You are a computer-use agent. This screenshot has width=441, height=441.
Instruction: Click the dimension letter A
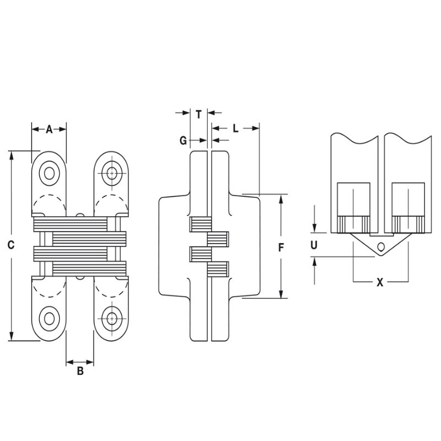[49, 130]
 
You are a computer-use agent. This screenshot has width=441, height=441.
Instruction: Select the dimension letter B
[80, 372]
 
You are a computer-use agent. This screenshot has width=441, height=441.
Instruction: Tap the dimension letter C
[10, 245]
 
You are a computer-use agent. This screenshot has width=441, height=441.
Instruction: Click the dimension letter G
[183, 140]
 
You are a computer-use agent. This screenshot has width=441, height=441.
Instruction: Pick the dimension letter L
[235, 128]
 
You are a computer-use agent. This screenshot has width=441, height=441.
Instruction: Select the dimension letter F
[281, 248]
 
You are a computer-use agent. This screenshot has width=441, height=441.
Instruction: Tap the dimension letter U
[314, 245]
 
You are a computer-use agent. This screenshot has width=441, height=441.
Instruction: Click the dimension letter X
[379, 282]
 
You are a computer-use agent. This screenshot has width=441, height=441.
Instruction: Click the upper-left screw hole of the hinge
[50, 173]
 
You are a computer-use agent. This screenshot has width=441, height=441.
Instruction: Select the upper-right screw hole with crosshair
[112, 173]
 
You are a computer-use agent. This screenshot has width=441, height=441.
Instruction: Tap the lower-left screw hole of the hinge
[50, 318]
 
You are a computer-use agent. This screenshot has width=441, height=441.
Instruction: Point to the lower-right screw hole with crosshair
[112, 318]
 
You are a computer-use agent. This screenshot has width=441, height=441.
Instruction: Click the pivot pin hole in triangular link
[380, 246]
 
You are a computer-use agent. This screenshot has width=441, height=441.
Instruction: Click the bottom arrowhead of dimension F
[281, 294]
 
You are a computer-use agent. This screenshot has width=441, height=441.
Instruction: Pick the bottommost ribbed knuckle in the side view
[218, 270]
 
